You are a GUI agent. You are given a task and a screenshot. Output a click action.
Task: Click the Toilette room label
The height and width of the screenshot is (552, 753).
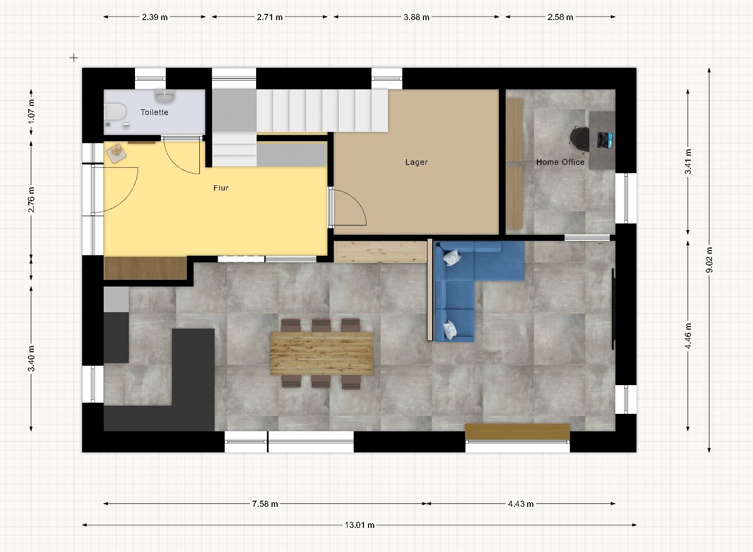(x=155, y=112)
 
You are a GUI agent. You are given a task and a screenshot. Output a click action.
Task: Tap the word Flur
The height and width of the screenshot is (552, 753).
(x=221, y=188)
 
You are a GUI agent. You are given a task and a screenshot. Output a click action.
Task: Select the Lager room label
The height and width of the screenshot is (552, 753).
(x=416, y=162)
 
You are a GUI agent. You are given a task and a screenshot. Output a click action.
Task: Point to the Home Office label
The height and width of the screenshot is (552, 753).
(x=560, y=162)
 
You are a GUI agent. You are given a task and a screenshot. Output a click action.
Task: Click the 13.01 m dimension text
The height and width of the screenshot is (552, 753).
(x=359, y=525)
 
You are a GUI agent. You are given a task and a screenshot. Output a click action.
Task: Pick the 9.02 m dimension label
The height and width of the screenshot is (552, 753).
(x=709, y=260)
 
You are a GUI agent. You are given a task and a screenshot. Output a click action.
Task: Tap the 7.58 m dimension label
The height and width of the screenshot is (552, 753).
(x=265, y=504)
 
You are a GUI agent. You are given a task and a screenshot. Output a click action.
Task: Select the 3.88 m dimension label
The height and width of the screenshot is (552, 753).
(x=416, y=17)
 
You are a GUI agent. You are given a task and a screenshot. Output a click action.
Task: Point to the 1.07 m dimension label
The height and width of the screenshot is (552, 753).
(x=31, y=111)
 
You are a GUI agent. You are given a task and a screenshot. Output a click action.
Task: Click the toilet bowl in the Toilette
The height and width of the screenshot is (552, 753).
(x=114, y=111)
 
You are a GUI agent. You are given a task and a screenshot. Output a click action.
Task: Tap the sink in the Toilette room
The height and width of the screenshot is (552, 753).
(x=164, y=96)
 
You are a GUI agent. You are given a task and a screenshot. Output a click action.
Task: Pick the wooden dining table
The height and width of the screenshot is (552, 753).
(x=322, y=353)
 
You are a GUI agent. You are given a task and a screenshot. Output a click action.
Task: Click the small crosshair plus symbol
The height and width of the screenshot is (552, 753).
(x=73, y=58)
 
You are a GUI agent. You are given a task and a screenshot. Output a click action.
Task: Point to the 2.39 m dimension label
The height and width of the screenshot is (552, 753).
(x=155, y=17)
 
